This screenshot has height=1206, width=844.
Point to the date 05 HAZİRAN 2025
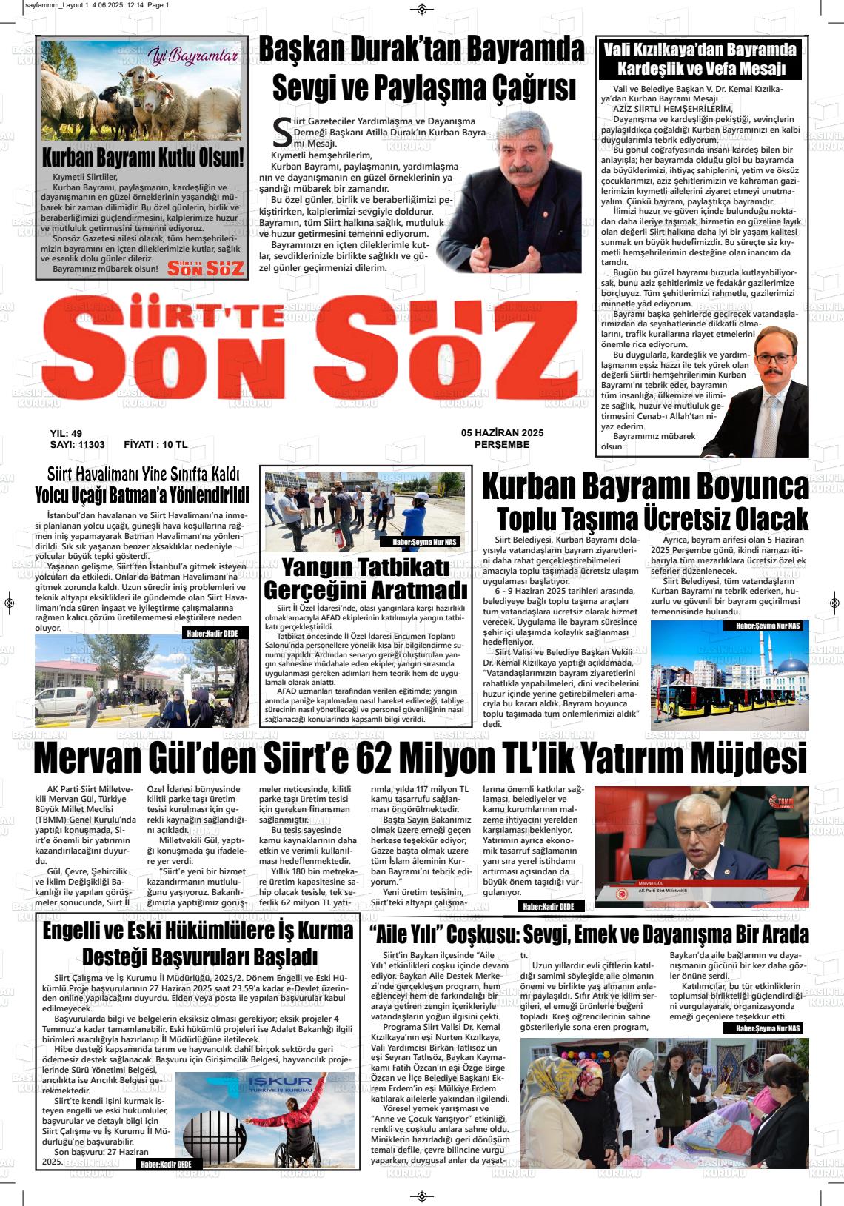[x=502, y=433]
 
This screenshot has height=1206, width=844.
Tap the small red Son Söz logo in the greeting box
[x=206, y=268]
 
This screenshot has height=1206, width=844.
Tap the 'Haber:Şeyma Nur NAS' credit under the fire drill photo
[x=429, y=543]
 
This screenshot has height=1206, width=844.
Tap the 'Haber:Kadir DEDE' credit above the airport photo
[x=211, y=632]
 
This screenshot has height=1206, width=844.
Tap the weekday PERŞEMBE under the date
[x=502, y=445]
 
